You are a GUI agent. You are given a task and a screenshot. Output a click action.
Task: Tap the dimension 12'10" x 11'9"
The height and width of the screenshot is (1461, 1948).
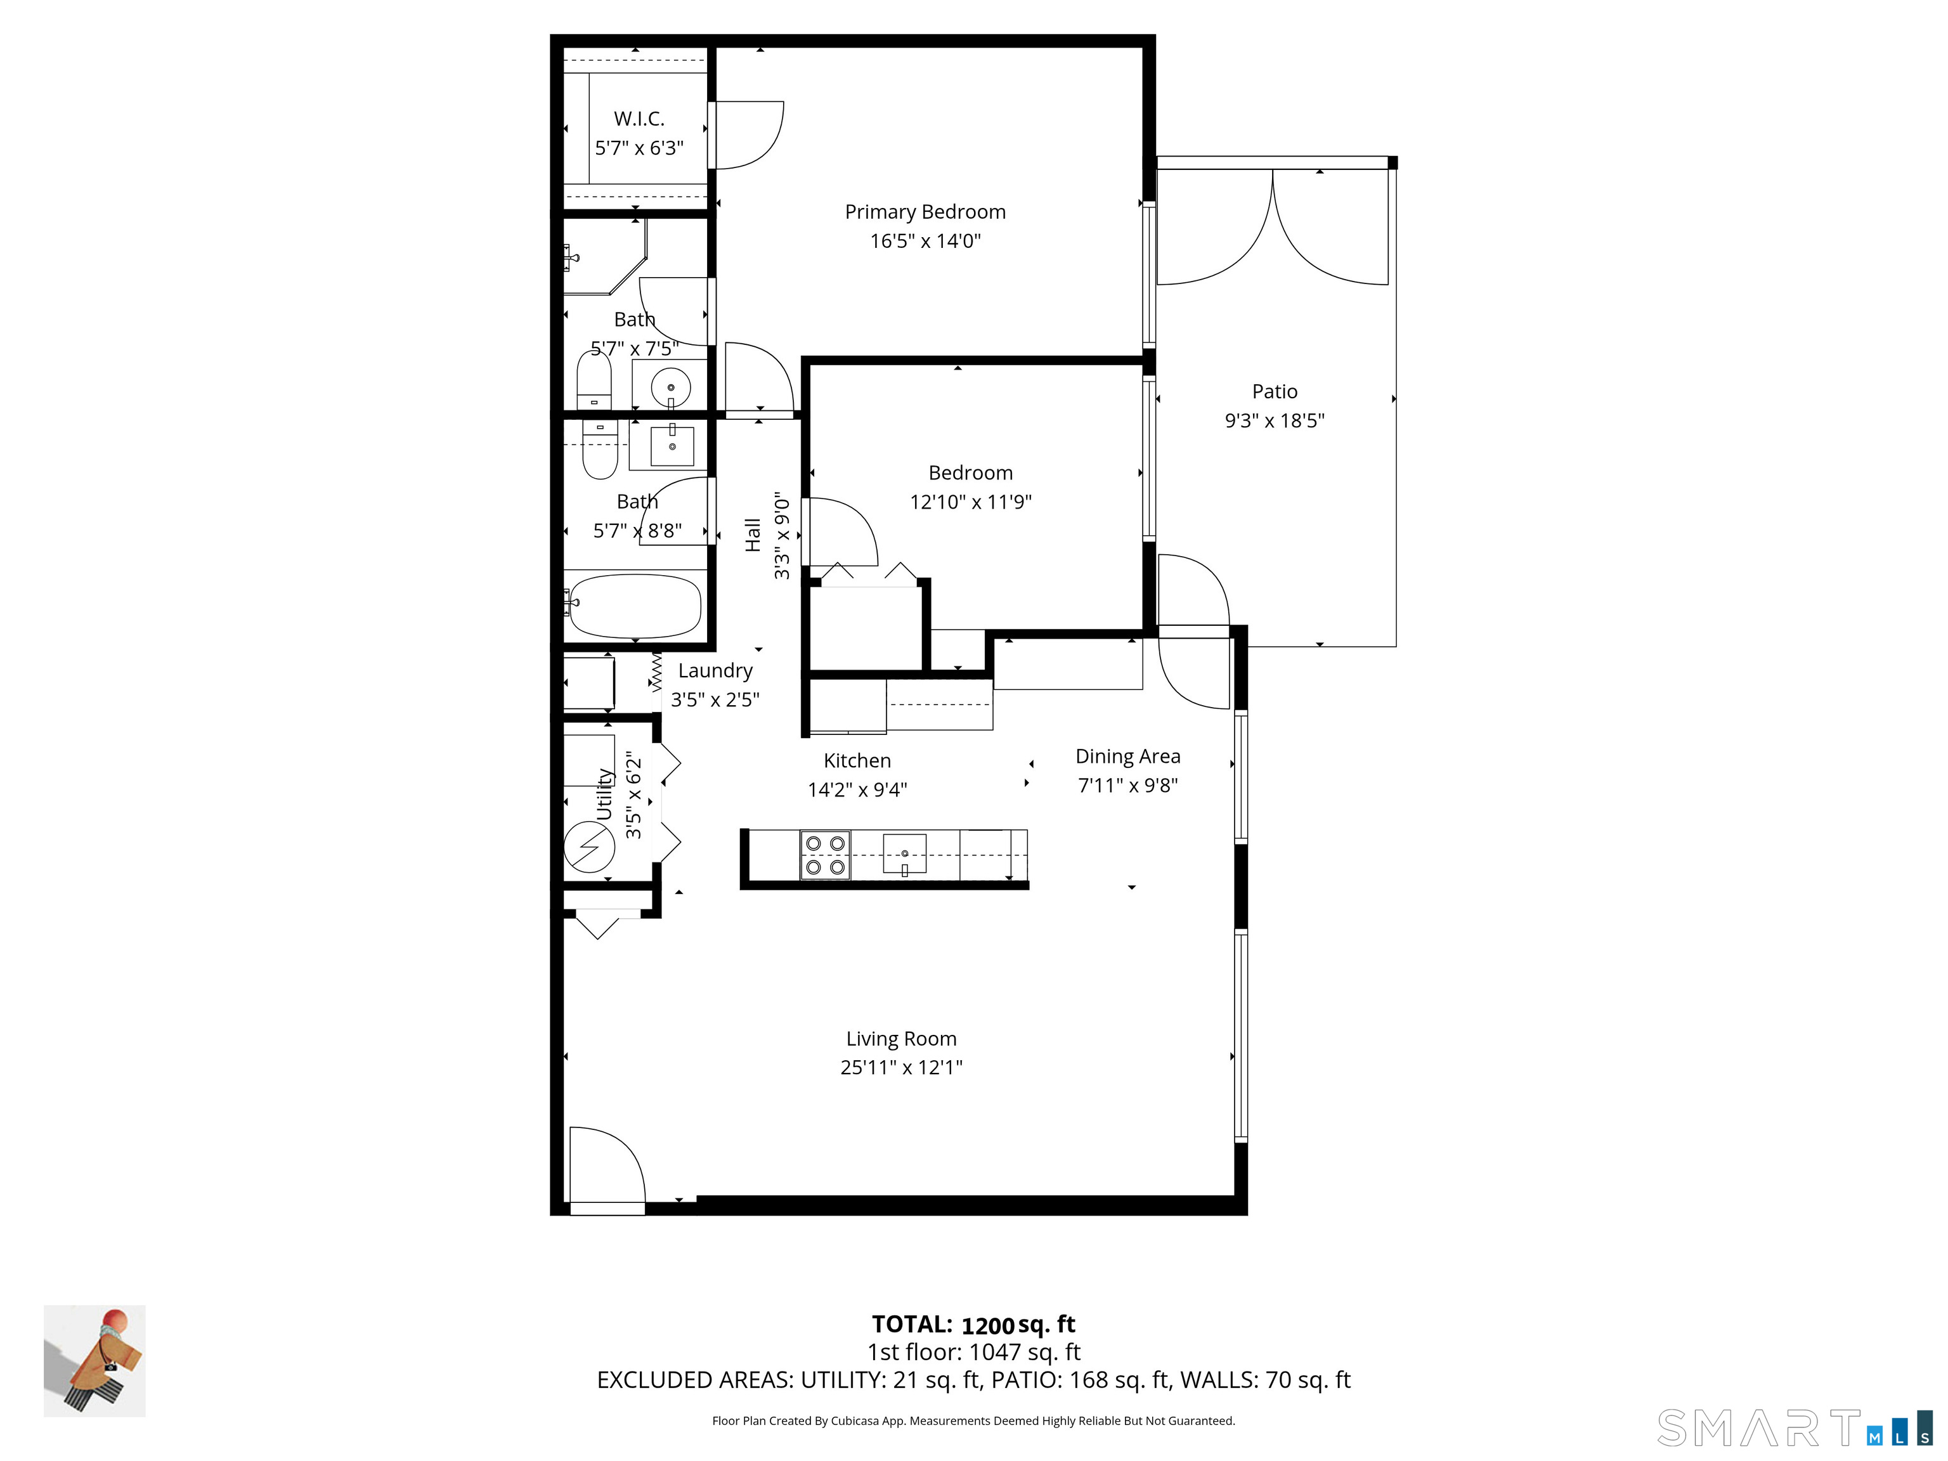pyautogui.click(x=970, y=502)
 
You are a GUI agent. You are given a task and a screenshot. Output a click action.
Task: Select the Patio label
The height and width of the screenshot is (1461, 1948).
pyautogui.click(x=1275, y=392)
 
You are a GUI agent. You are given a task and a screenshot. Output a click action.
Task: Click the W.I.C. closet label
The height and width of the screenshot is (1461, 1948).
pyautogui.click(x=639, y=119)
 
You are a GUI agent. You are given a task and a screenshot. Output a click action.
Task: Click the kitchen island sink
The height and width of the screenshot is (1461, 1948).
pyautogui.click(x=904, y=854)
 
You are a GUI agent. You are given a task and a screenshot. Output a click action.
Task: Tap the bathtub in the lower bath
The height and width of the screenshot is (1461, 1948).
pyautogui.click(x=634, y=606)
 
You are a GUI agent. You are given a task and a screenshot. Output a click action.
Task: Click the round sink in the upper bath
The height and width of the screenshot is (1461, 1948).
pyautogui.click(x=671, y=387)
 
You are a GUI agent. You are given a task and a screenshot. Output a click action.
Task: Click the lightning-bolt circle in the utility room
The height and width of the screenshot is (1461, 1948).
pyautogui.click(x=589, y=847)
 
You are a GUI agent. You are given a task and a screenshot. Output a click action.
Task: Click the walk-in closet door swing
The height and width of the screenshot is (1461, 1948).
pyautogui.click(x=747, y=134)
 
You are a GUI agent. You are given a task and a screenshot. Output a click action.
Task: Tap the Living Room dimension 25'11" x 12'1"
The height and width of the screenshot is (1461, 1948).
pyautogui.click(x=901, y=1067)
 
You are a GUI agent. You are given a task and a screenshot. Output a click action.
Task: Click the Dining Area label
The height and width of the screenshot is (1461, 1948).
pyautogui.click(x=1127, y=756)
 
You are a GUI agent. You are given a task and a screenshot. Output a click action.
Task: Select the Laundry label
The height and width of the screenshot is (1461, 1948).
pyautogui.click(x=715, y=671)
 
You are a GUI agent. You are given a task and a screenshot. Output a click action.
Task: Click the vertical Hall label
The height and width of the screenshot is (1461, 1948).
pyautogui.click(x=753, y=535)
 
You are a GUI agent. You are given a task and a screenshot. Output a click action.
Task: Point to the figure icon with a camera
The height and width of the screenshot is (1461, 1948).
pyautogui.click(x=95, y=1361)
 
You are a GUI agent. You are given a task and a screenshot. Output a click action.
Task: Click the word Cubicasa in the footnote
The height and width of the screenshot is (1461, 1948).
pyautogui.click(x=852, y=1420)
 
